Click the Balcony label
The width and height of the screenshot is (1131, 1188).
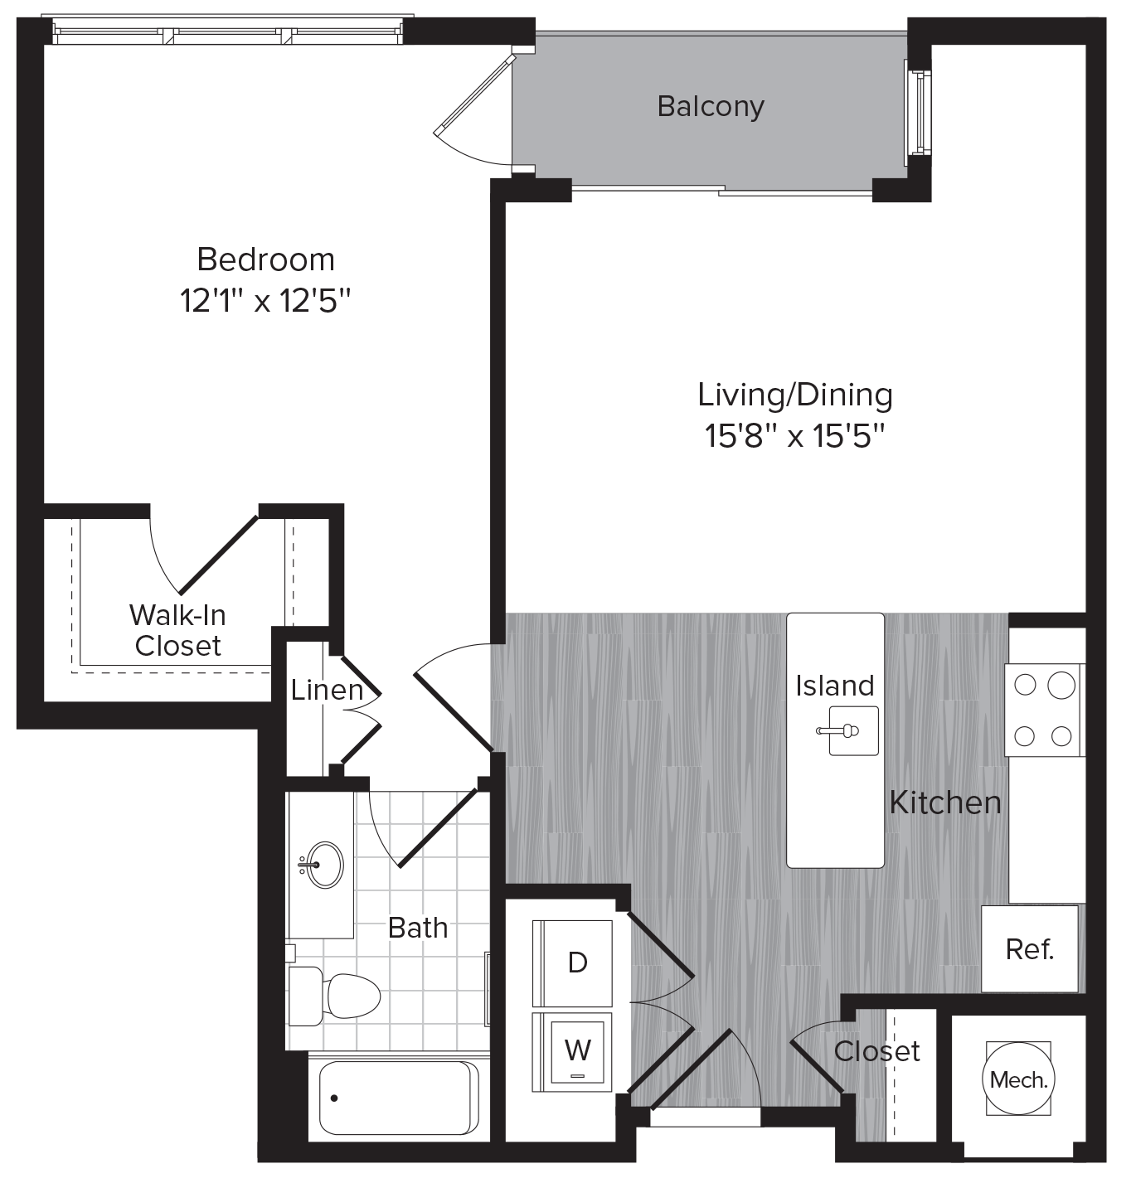click(710, 106)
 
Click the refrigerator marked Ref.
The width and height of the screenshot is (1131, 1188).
click(1030, 948)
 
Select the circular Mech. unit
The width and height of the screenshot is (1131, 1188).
click(1018, 1080)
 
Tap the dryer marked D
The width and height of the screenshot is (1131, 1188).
click(577, 962)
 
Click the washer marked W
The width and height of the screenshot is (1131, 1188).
click(577, 1050)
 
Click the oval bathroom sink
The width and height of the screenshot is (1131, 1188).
click(319, 866)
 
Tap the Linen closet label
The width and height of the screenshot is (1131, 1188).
click(327, 690)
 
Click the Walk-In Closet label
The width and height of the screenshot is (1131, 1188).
click(177, 630)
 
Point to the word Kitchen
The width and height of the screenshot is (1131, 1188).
click(945, 802)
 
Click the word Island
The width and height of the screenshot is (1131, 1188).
click(835, 686)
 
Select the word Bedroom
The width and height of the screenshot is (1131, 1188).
click(266, 259)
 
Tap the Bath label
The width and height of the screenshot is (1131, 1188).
click(418, 927)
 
